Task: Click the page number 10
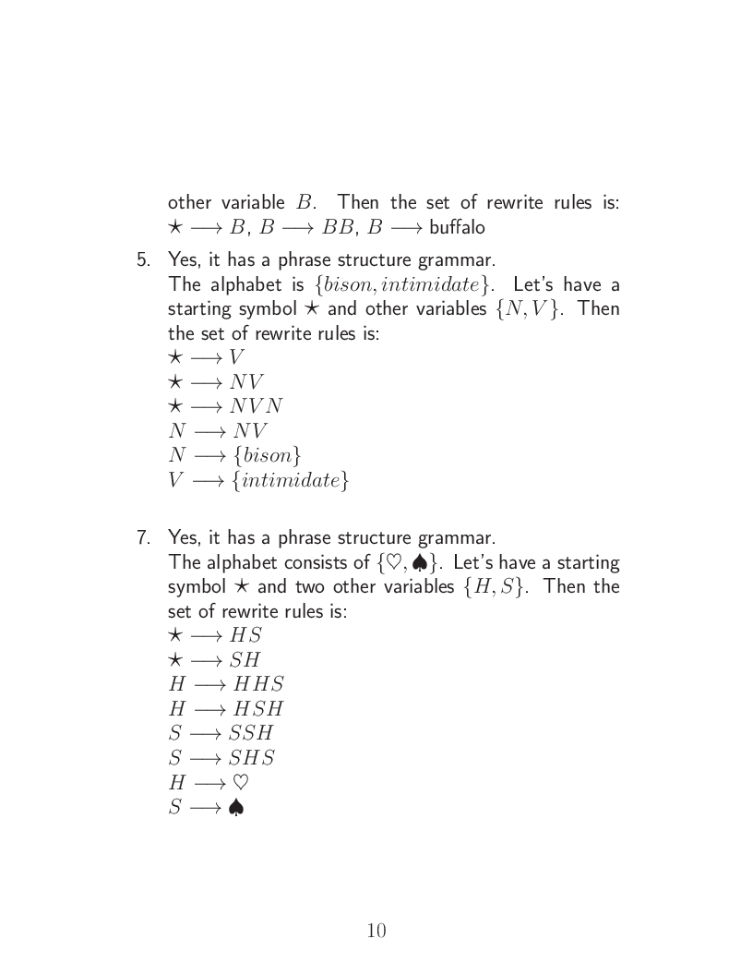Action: pyautogui.click(x=376, y=931)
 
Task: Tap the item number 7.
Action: pyautogui.click(x=143, y=537)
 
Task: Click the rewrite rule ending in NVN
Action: pyautogui.click(x=259, y=406)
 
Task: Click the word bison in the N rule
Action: pyautogui.click(x=268, y=456)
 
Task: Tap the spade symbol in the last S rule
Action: pyautogui.click(x=236, y=808)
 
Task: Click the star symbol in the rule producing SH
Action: pyautogui.click(x=175, y=659)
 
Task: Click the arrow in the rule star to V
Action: pyautogui.click(x=206, y=358)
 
